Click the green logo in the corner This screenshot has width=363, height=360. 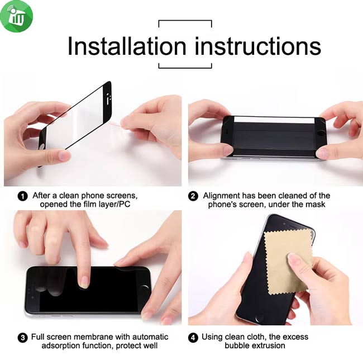(x=16, y=16)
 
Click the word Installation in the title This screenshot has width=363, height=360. (x=127, y=46)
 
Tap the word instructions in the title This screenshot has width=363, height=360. (x=257, y=46)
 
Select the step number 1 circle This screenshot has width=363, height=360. (x=23, y=196)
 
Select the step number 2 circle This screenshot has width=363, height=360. (x=193, y=196)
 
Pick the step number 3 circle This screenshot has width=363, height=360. (x=23, y=338)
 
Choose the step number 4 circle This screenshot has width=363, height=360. (x=193, y=338)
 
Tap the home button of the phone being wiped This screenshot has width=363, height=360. (x=259, y=318)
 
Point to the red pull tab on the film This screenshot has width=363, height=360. (x=116, y=125)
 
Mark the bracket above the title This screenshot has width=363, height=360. (x=185, y=21)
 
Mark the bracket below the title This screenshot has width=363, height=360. (x=185, y=68)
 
